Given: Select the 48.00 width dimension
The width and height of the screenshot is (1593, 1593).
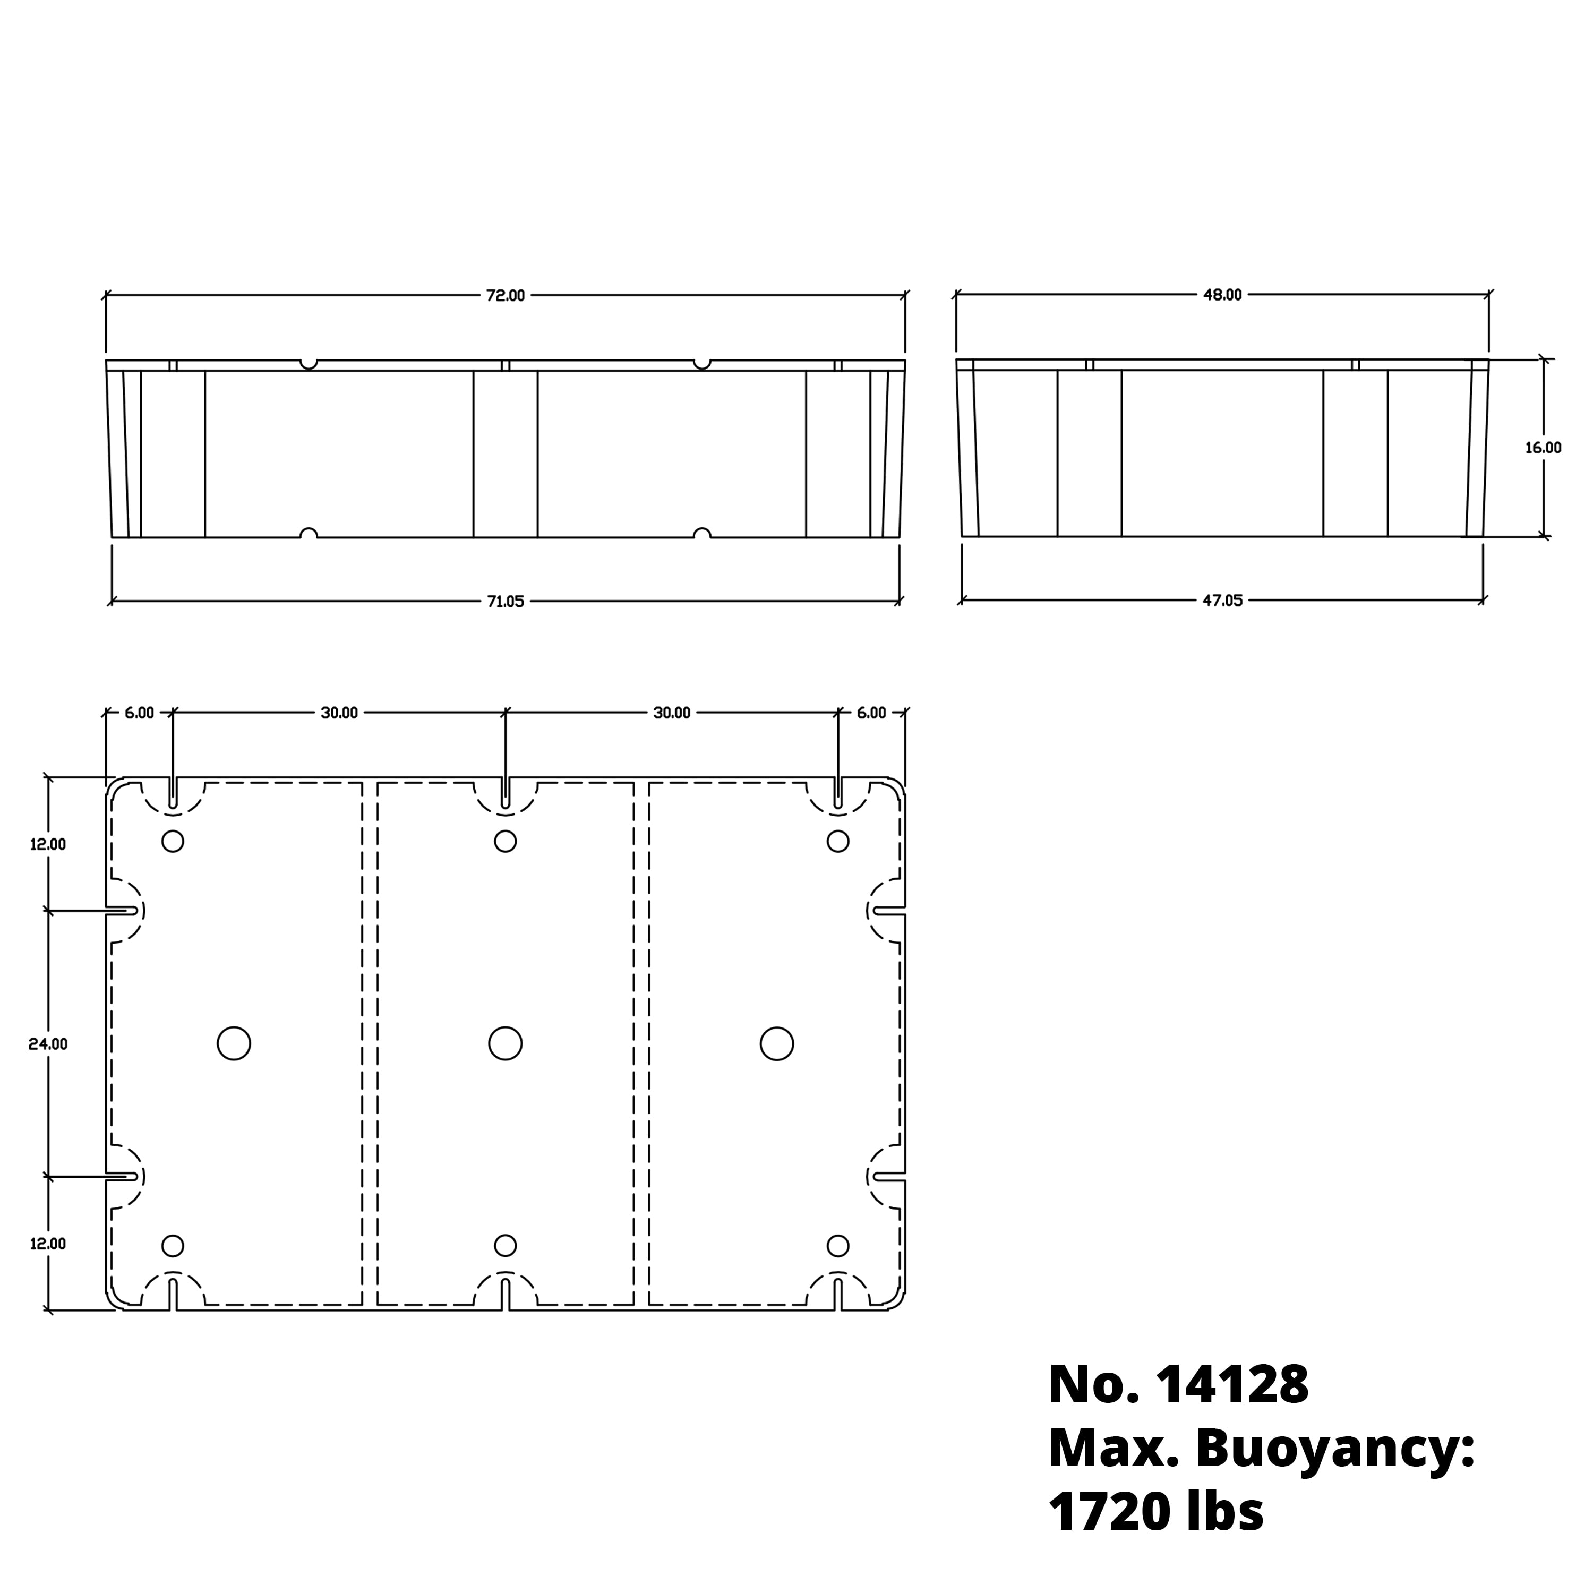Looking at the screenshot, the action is (x=1222, y=294).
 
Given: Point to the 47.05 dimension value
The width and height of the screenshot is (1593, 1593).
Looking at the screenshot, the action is (x=1222, y=600).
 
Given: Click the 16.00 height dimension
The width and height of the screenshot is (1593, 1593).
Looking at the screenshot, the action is (x=1543, y=448).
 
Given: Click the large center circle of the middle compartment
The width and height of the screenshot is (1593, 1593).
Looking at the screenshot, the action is (x=506, y=1043).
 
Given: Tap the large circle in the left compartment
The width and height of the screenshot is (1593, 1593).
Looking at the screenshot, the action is (x=234, y=1043).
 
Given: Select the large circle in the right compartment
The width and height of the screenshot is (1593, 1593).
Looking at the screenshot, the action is (x=777, y=1043).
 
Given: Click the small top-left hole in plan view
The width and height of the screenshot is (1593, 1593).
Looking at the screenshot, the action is (x=173, y=841).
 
